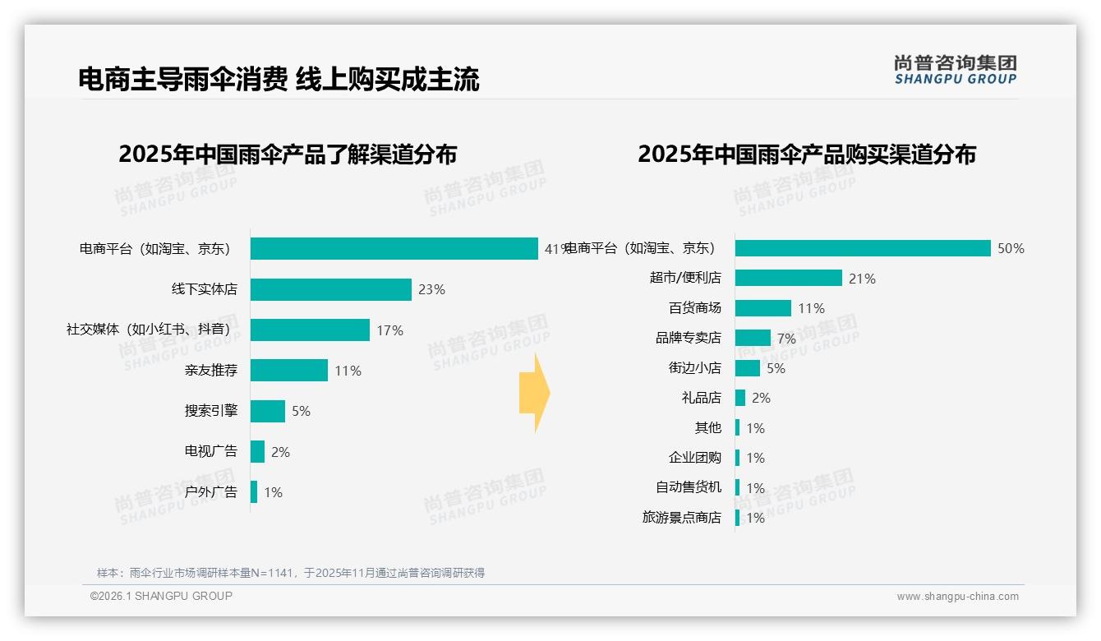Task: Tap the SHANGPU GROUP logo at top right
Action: point(955,70)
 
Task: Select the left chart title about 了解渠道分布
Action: point(288,154)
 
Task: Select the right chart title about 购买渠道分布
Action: point(807,154)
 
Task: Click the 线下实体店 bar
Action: point(330,289)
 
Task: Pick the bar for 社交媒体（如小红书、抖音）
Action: point(310,330)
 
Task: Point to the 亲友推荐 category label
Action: point(210,371)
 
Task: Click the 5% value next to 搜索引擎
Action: point(301,411)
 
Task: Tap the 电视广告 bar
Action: point(258,452)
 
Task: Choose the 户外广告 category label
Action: point(210,492)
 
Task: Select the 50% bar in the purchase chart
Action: point(863,248)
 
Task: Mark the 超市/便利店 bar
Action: point(788,278)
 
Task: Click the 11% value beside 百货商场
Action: point(811,308)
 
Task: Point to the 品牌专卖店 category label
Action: point(688,338)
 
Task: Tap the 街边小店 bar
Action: point(748,368)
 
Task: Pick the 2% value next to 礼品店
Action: point(761,398)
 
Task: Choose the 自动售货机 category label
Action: point(688,487)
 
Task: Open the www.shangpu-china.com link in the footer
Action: point(957,597)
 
